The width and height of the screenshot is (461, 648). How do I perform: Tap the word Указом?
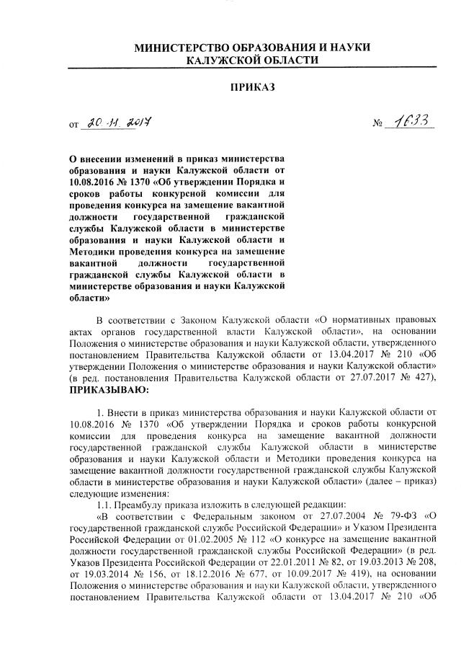354,527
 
